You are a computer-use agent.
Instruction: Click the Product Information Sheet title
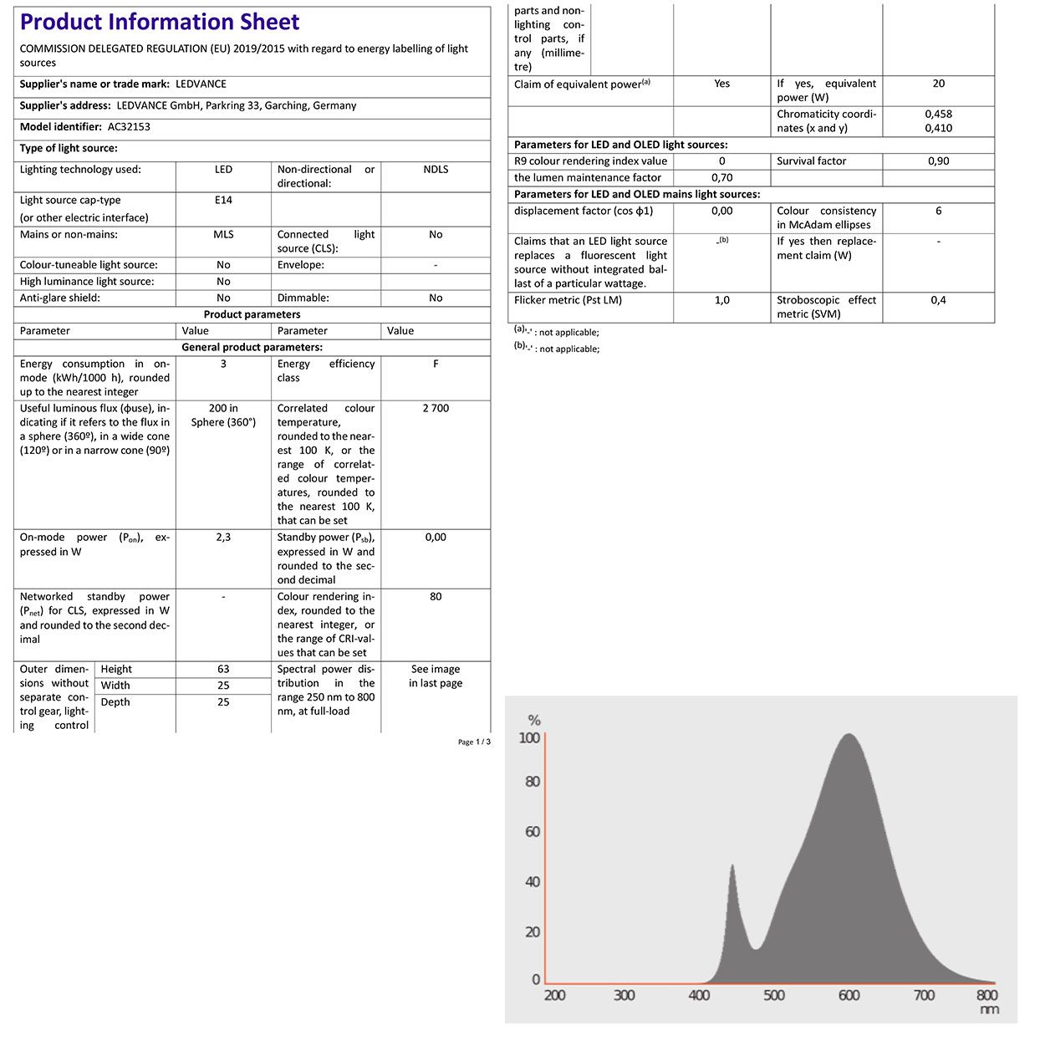tap(160, 23)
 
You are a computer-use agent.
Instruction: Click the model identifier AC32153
tap(129, 127)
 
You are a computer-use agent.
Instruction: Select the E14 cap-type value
tap(223, 201)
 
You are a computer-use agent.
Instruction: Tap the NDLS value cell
tap(436, 170)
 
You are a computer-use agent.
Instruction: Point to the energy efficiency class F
tap(436, 364)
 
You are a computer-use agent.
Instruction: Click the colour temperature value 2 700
tap(436, 409)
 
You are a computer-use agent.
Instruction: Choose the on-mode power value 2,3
tap(223, 538)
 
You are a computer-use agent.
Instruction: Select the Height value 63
tap(223, 670)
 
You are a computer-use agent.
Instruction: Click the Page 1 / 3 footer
tap(474, 742)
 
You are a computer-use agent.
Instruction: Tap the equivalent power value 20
tap(938, 84)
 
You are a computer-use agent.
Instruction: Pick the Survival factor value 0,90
tap(938, 161)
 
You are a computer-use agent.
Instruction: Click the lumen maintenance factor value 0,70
tap(721, 178)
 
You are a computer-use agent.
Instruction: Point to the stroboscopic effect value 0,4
tap(938, 300)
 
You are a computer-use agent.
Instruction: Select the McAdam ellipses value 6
tap(938, 212)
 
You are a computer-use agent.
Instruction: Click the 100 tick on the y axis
tap(530, 738)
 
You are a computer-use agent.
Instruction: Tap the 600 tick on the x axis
tap(849, 996)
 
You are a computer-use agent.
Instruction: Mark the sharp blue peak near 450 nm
tap(732, 868)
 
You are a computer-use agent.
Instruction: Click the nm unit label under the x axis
tap(988, 1010)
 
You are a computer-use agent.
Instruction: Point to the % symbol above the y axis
tap(534, 721)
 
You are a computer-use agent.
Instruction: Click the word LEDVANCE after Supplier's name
tap(201, 84)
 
